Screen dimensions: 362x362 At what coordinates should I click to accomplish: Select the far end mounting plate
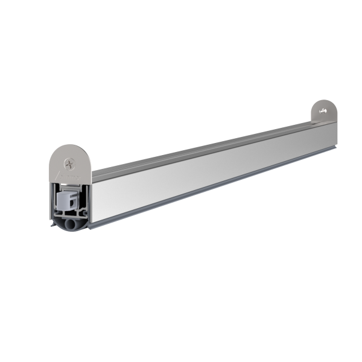tap(324, 112)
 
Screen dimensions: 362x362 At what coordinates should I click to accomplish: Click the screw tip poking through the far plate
tap(324, 110)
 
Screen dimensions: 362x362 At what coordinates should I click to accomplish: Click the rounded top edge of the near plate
tap(71, 146)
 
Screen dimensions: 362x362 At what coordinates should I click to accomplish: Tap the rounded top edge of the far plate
tap(326, 100)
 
